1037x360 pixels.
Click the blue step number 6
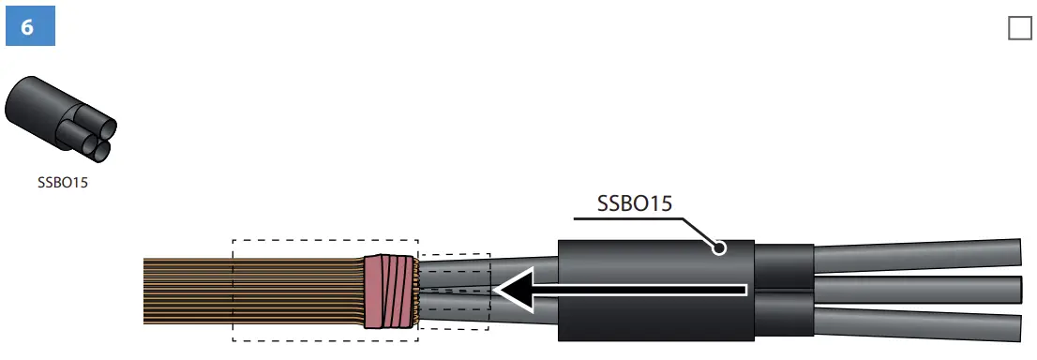point(30,27)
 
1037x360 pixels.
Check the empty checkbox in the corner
point(1019,28)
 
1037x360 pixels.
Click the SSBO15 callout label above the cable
point(634,203)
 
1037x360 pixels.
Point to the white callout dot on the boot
point(719,248)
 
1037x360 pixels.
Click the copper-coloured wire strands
point(188,291)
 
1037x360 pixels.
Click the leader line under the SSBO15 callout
point(628,220)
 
